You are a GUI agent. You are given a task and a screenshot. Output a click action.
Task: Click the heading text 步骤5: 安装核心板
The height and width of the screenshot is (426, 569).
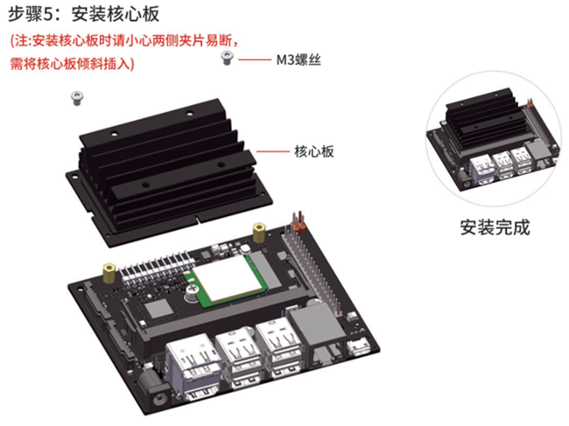point(84,15)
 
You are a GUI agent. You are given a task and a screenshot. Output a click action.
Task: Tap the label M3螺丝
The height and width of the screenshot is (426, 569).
point(299,59)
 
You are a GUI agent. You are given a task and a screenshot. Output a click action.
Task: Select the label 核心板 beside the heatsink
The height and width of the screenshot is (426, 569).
point(314,151)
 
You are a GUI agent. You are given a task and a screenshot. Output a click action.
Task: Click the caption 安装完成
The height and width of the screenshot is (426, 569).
point(495,227)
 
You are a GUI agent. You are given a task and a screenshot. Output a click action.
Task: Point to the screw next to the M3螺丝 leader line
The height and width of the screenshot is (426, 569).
point(228,58)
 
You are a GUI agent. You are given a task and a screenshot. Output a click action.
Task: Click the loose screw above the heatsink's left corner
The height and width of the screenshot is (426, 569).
point(77,98)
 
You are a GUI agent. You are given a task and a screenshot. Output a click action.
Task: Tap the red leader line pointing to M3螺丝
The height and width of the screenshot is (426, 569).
point(255,59)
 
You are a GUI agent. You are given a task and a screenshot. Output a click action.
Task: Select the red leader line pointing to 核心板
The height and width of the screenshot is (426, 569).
point(273,151)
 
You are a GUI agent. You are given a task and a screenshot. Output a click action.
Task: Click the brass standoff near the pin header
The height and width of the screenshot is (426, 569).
point(259,233)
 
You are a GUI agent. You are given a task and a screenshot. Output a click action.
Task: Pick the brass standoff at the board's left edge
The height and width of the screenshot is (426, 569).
point(109,274)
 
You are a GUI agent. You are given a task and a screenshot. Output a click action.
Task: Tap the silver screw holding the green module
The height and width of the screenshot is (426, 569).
point(192,293)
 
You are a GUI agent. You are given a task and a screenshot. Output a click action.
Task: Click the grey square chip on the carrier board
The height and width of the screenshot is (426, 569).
point(158,310)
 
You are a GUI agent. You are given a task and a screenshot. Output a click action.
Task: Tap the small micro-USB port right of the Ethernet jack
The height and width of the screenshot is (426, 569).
point(359,347)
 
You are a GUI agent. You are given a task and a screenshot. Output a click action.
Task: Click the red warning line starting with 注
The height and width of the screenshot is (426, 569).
point(124,40)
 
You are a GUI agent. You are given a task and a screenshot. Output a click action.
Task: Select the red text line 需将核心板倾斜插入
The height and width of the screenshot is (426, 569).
point(72,64)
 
